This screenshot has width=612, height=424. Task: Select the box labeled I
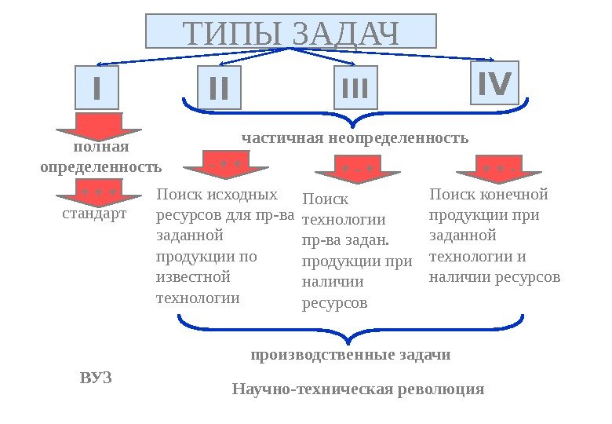tap(97, 88)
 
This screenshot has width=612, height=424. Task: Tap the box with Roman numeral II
tap(219, 88)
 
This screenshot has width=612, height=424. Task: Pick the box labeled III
tap(355, 88)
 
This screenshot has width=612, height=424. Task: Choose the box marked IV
tap(494, 83)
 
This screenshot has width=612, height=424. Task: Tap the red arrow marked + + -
tap(500, 168)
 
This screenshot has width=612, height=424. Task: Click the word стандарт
tap(94, 213)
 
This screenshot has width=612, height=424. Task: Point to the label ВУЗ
tap(97, 378)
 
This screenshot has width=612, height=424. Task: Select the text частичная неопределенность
tap(355, 138)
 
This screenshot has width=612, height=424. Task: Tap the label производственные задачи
tap(351, 355)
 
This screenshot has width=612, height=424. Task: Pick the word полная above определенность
tap(100, 147)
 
